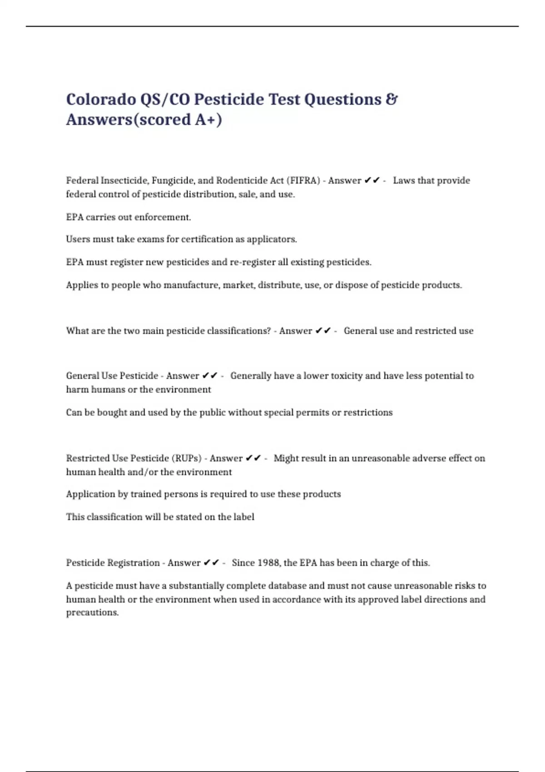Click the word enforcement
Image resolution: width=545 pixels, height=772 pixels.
pos(163,217)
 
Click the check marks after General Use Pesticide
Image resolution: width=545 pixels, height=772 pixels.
pos(210,376)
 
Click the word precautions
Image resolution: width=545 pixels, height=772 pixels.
pos(92,613)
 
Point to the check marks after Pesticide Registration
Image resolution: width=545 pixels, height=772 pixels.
pos(212,563)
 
